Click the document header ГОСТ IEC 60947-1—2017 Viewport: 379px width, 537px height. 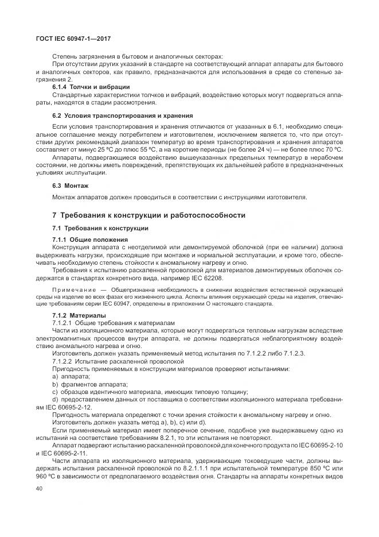click(x=73, y=38)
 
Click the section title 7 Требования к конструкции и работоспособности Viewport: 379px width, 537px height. click(x=149, y=215)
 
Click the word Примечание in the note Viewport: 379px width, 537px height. click(x=75, y=289)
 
